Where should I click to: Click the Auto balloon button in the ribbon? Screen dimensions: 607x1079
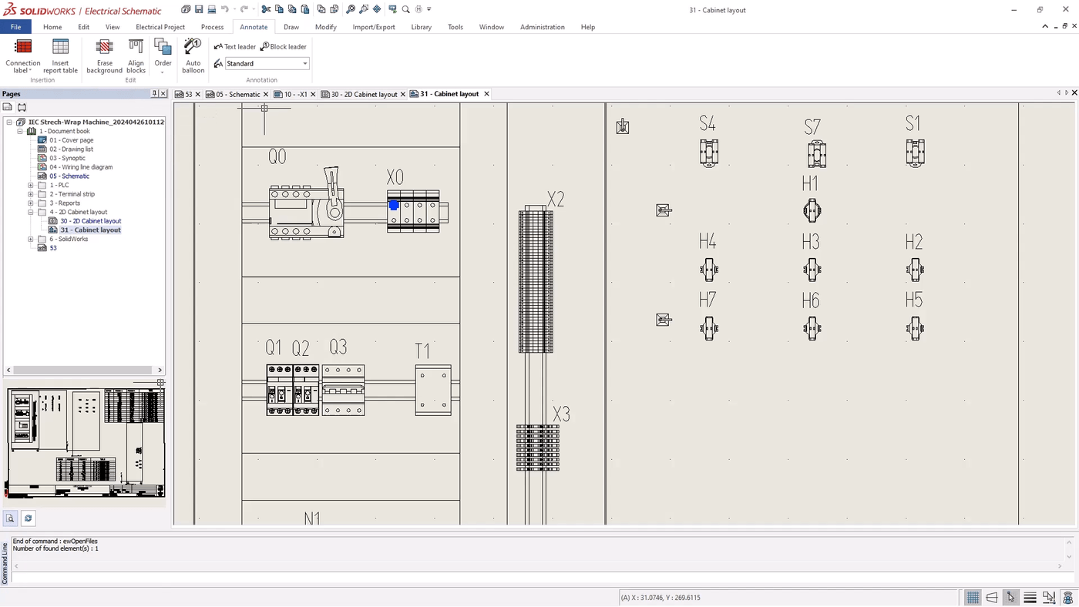(193, 55)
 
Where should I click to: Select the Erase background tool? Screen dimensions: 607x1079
(104, 55)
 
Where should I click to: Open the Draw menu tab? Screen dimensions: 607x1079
(291, 27)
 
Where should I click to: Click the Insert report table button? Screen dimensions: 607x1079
(60, 55)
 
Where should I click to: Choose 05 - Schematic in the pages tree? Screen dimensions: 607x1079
(69, 176)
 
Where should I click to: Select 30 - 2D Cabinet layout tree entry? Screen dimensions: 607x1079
(90, 221)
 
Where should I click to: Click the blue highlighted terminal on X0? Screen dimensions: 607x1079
(394, 206)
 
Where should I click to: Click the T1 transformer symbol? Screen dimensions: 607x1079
(433, 391)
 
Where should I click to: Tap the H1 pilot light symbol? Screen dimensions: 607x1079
(812, 210)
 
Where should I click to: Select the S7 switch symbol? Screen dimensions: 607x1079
(817, 154)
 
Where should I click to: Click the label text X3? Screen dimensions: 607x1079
(561, 415)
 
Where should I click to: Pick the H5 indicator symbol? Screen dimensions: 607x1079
(915, 329)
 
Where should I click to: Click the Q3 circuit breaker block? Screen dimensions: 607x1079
(343, 391)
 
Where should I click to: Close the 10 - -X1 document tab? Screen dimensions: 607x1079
(313, 95)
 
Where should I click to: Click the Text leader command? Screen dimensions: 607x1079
(235, 47)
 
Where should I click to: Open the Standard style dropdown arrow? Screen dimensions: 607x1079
(304, 64)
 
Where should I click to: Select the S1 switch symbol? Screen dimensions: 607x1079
(915, 153)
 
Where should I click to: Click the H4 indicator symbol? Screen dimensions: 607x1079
(709, 270)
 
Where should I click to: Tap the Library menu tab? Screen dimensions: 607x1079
(421, 27)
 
